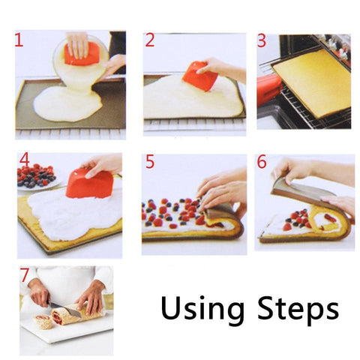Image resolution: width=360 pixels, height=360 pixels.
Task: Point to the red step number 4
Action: click(24, 160)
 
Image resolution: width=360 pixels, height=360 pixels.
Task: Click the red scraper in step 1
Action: click(80, 55)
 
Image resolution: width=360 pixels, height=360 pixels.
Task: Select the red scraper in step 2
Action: click(196, 75)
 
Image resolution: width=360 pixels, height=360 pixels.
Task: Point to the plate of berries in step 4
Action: click(37, 177)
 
